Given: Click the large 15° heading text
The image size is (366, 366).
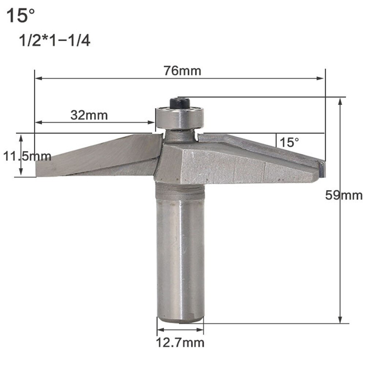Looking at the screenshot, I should pos(21,16).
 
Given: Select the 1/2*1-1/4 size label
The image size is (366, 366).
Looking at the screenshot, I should pos(54,41).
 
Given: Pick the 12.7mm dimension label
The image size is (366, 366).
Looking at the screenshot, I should pos(180,343).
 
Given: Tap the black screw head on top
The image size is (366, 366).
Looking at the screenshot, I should pos(179,103).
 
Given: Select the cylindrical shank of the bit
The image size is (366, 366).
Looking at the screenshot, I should pos(180,253).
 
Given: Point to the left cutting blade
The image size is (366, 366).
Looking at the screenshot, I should pos(99,156).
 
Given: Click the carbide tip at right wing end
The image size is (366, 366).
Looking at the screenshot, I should pos(320,169).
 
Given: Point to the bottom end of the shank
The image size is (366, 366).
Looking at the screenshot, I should pos(180,320).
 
